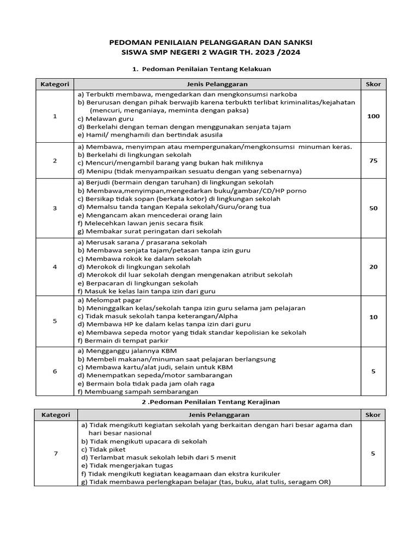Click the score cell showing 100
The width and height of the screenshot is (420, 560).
pyautogui.click(x=373, y=116)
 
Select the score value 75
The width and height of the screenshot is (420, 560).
pyautogui.click(x=373, y=161)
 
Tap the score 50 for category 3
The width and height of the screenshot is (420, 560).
pyautogui.click(x=373, y=208)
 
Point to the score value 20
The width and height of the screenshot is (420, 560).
pyautogui.click(x=373, y=267)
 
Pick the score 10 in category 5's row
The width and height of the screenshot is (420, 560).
pyautogui.click(x=373, y=317)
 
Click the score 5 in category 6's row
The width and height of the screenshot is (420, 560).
pyautogui.click(x=373, y=371)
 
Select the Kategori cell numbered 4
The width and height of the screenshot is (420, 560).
pyautogui.click(x=55, y=267)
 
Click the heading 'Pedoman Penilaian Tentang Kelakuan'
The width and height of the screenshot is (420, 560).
pyautogui.click(x=206, y=69)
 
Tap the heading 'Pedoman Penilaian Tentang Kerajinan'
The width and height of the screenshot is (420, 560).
pyautogui.click(x=211, y=402)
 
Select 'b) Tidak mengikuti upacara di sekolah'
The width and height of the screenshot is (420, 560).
pyautogui.click(x=144, y=441)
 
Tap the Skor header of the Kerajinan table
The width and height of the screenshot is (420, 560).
pyautogui.click(x=373, y=415)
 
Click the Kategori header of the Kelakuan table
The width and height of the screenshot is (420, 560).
pyautogui.click(x=55, y=84)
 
